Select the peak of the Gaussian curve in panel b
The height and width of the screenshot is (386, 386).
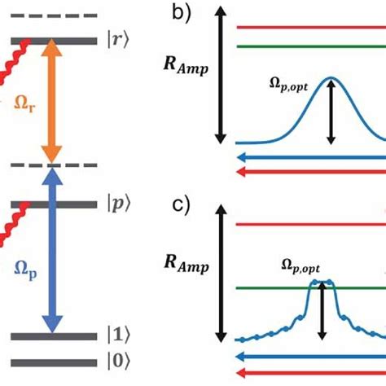[331, 78]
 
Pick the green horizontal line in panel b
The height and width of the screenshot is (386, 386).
[309, 46]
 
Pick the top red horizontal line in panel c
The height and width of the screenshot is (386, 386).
[309, 222]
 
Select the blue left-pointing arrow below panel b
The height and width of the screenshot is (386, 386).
[309, 157]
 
